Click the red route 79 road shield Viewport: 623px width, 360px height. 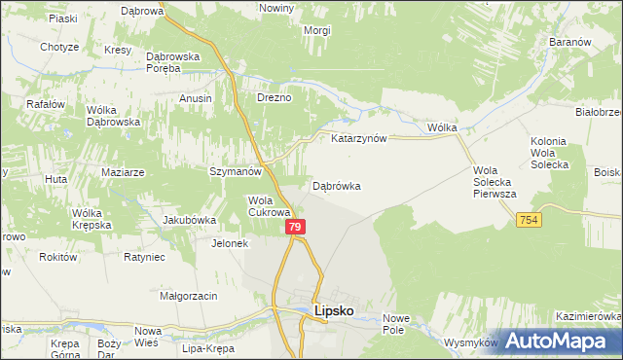pyautogui.click(x=297, y=227)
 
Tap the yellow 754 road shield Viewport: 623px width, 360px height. pyautogui.click(x=530, y=221)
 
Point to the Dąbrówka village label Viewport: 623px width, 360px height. pyautogui.click(x=337, y=185)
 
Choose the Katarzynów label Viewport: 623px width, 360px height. pyautogui.click(x=359, y=138)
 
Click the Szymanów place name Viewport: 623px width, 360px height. pyautogui.click(x=237, y=171)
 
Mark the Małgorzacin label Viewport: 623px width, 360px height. pyautogui.click(x=188, y=295)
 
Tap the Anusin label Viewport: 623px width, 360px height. pyautogui.click(x=196, y=98)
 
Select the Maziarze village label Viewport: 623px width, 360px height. pyautogui.click(x=123, y=172)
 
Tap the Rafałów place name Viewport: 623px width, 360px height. pyautogui.click(x=46, y=104)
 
